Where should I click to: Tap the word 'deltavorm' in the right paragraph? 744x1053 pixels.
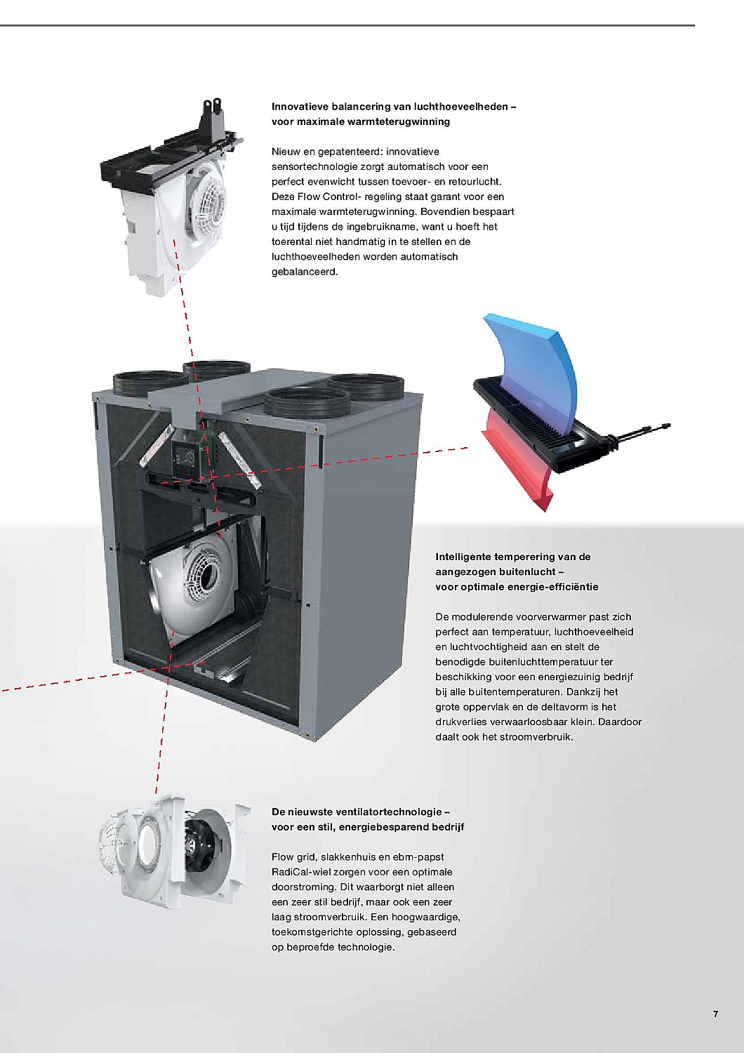[565, 707]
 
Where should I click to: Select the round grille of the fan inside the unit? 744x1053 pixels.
[202, 573]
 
